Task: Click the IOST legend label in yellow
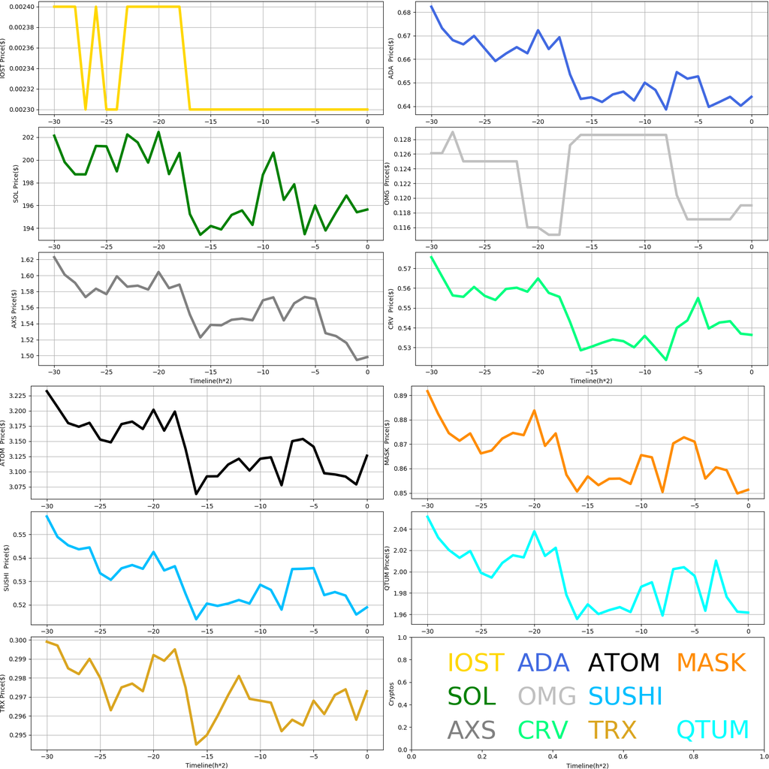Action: point(475,662)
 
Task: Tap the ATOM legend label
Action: point(623,662)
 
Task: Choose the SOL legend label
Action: point(472,696)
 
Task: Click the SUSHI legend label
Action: point(625,696)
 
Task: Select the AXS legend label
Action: point(472,730)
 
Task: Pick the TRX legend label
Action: point(612,730)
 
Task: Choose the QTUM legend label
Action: point(713,730)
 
